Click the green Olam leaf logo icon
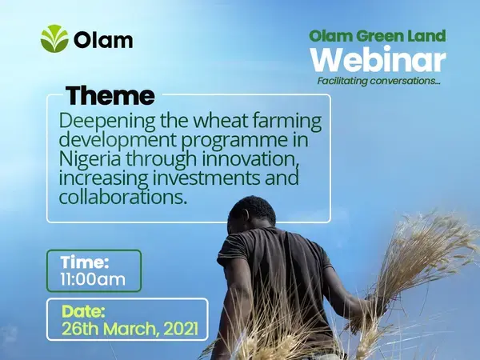click(54, 38)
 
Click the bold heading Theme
click(110, 96)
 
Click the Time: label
click(84, 262)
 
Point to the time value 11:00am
click(93, 280)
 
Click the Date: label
click(82, 310)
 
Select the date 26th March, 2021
click(126, 328)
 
